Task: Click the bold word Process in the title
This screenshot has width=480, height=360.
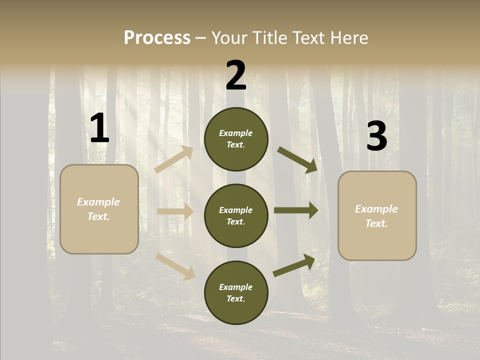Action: coord(157,37)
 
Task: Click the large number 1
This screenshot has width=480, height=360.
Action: coord(99,128)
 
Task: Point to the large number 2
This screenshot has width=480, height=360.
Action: coord(236,75)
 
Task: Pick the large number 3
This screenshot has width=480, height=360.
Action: coord(376,136)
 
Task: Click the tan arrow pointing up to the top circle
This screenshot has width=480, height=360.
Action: coord(174,159)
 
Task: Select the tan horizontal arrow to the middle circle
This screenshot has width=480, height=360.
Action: coord(175,211)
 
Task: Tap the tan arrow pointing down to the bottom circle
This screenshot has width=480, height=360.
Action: coord(175,266)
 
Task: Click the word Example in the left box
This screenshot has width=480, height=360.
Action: coord(98,202)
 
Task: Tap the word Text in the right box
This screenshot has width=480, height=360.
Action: coord(376,223)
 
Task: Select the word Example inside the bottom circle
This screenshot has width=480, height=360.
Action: coord(235,287)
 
